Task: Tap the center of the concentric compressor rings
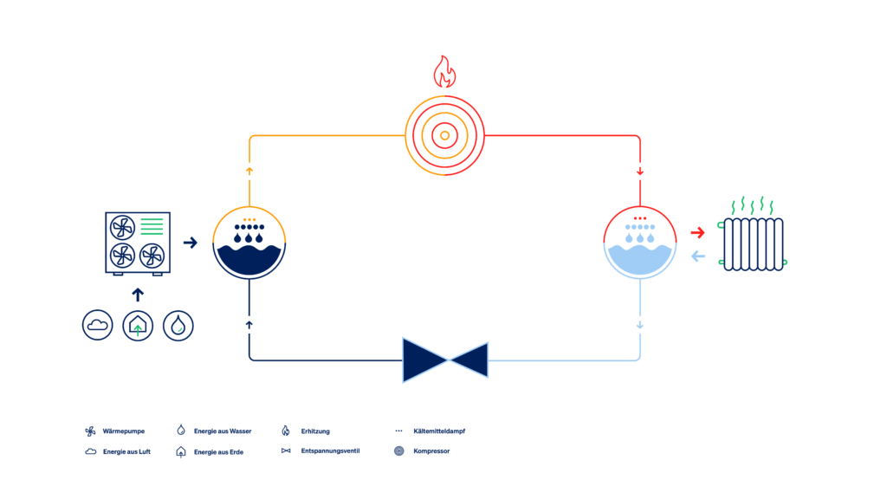(x=444, y=136)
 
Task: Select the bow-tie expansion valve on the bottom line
(x=445, y=360)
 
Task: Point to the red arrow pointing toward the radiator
(x=697, y=232)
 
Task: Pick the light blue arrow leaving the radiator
(x=698, y=256)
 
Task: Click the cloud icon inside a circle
(x=97, y=326)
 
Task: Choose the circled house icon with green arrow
(x=138, y=326)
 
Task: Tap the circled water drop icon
(x=178, y=326)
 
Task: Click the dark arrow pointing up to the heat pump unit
(x=138, y=295)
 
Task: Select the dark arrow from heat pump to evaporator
(x=190, y=243)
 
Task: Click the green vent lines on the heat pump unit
(x=152, y=226)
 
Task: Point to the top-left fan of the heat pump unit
(x=122, y=228)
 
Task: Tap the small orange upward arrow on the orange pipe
(x=249, y=171)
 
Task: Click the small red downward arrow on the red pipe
(x=640, y=172)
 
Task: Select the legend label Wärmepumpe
(x=123, y=431)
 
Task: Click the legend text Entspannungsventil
(x=330, y=450)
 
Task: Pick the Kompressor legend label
(x=431, y=450)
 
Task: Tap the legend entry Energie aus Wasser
(x=223, y=431)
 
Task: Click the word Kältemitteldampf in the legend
(x=439, y=431)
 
